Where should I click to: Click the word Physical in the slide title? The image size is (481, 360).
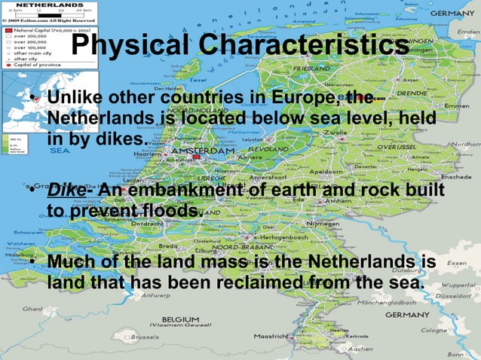(126, 47)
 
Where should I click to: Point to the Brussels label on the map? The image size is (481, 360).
(149, 337)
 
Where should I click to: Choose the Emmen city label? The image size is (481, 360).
(452, 105)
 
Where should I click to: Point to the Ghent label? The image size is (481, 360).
(33, 309)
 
